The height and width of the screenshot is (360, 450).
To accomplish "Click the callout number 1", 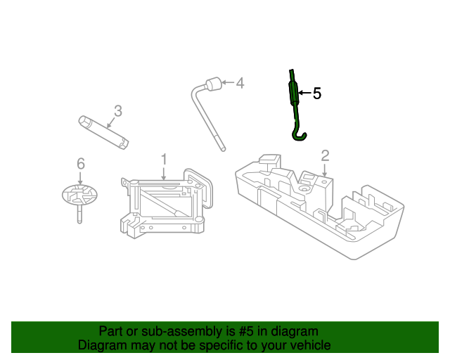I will click(164, 160).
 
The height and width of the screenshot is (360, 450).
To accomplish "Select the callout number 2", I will click(325, 155).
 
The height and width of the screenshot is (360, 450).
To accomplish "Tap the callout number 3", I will click(118, 110).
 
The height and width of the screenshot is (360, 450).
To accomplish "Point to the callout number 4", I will click(240, 84).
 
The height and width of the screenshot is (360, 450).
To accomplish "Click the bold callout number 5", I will click(316, 93).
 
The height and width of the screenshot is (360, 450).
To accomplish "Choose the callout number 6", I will click(80, 164).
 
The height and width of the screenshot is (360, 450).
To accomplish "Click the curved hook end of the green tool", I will click(300, 134).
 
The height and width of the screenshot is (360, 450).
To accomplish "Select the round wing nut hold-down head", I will click(79, 193).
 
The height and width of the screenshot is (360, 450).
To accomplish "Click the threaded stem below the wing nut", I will click(79, 214).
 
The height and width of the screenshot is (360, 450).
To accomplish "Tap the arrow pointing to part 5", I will click(304, 93).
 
